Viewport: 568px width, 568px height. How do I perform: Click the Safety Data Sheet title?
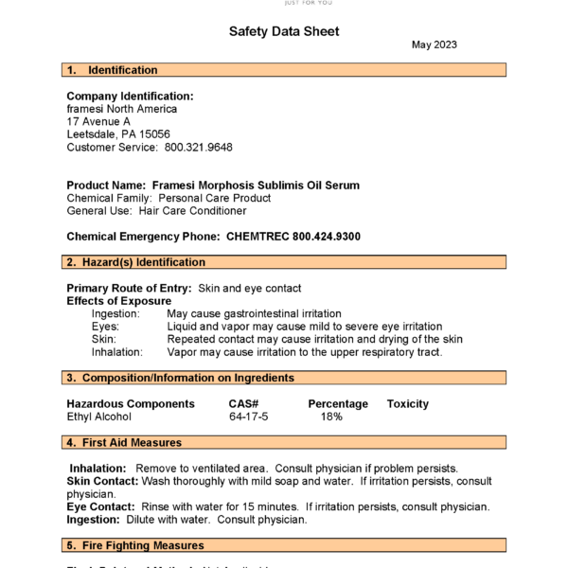[x=284, y=31]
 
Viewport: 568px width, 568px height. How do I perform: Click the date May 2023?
[x=435, y=45]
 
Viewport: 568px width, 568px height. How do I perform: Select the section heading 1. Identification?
[x=113, y=70]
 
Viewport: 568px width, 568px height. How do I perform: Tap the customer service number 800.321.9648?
[x=199, y=148]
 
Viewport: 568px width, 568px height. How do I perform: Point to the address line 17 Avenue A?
[x=99, y=122]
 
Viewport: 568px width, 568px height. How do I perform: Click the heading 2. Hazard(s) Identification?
[x=135, y=262]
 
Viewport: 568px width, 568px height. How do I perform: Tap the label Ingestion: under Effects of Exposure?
[x=115, y=313]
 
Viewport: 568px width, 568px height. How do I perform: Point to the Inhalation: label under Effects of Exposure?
[x=117, y=352]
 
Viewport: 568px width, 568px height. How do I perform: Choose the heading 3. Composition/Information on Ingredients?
[x=180, y=378]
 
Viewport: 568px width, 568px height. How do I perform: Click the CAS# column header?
[x=242, y=404]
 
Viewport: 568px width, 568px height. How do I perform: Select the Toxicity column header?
[x=407, y=404]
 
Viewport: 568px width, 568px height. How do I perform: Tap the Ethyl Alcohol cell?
[x=99, y=417]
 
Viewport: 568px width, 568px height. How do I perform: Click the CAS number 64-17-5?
[x=249, y=417]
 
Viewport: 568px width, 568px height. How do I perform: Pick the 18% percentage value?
[x=331, y=417]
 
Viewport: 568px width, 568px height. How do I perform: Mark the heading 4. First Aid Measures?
[x=124, y=442]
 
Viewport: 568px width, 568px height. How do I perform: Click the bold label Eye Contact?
[x=103, y=506]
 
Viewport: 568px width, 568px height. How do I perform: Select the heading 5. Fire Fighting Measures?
[x=135, y=545]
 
